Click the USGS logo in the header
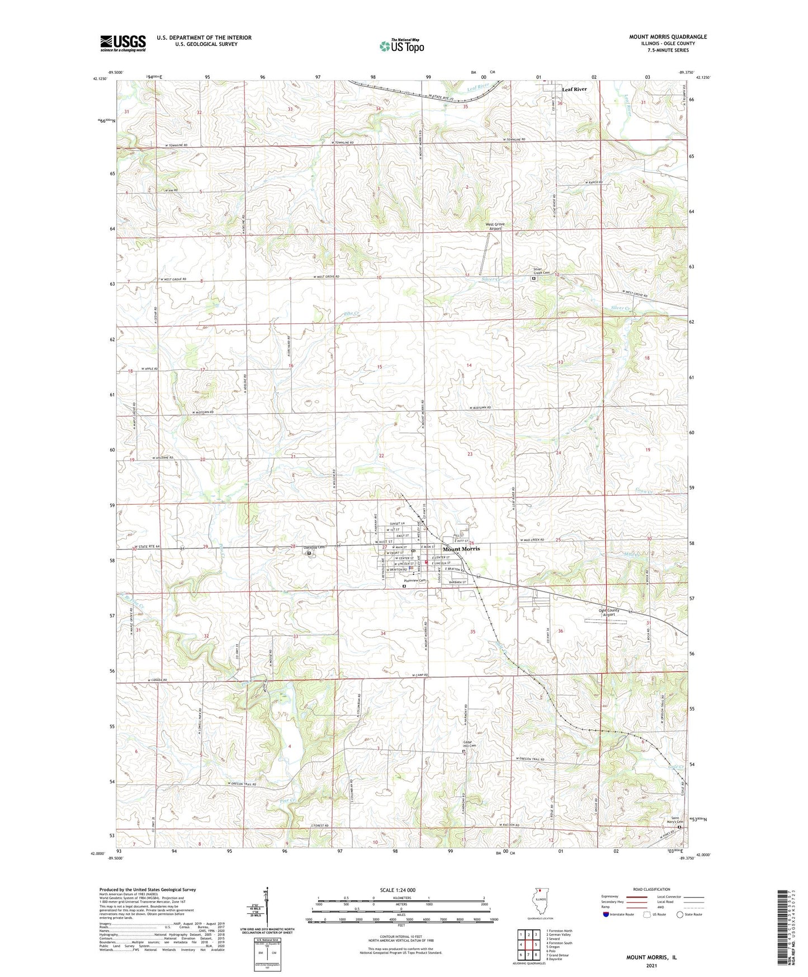[123, 43]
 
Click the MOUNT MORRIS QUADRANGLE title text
[668, 37]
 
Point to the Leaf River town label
[574, 90]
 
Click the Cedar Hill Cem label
[469, 745]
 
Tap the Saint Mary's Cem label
[677, 820]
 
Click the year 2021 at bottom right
[651, 965]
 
